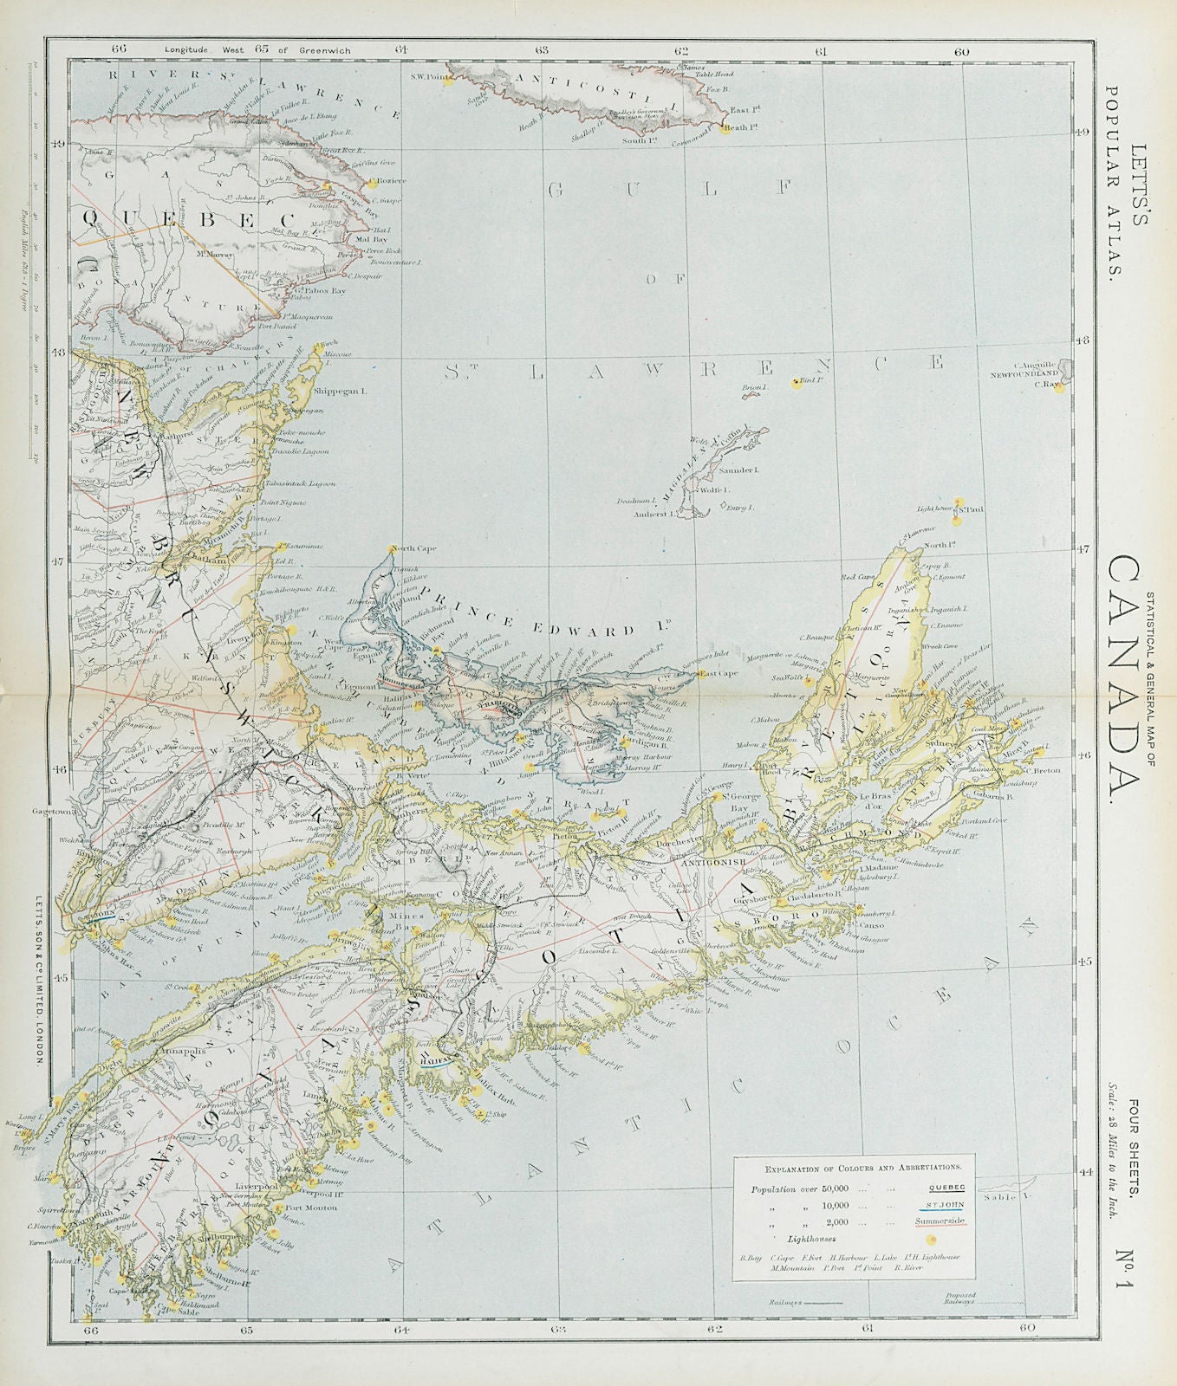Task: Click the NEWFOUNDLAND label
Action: pos(1027,374)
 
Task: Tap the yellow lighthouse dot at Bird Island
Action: pos(797,382)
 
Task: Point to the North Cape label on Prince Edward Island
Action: pos(413,548)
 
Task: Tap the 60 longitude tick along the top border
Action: pos(961,51)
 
